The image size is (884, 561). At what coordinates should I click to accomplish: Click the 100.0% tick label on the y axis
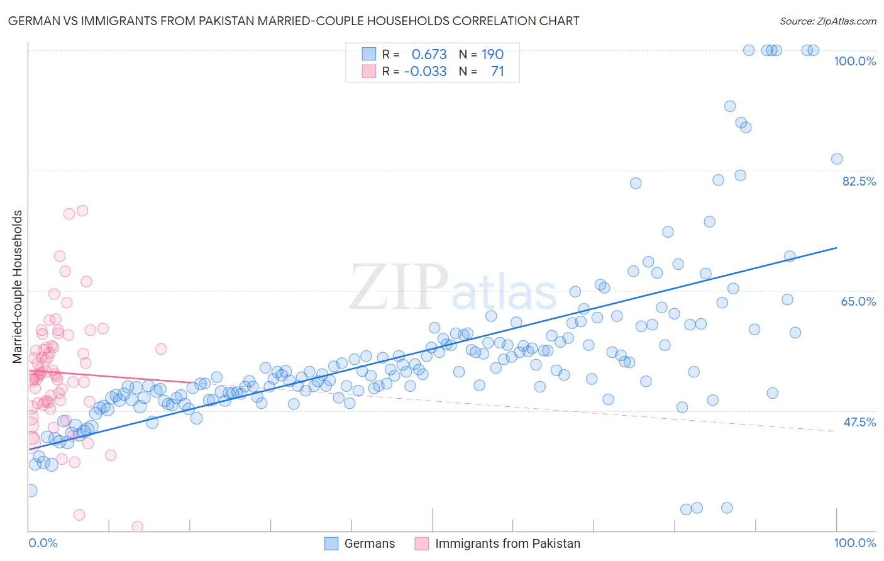coord(854,61)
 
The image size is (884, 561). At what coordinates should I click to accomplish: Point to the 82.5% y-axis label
coord(859,181)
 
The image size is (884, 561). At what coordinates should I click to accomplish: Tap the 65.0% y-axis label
coord(858,301)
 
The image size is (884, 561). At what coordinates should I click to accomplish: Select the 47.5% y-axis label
coord(859,422)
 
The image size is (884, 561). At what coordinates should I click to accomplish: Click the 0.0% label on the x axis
coord(43,543)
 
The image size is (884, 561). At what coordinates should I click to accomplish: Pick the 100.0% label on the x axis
coord(854,543)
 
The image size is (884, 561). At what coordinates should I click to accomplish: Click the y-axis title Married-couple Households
coord(18,287)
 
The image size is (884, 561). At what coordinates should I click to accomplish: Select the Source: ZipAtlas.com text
coord(827,21)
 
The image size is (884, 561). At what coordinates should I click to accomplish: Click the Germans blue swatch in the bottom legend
coord(331,543)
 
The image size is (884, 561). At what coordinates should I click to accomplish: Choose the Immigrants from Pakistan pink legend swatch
coord(422,543)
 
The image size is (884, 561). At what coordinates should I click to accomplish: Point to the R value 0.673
coord(429,54)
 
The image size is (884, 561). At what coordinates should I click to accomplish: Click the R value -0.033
coord(426,71)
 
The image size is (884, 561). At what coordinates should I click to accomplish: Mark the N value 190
coord(492,54)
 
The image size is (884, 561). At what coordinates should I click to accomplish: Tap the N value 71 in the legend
coord(497,71)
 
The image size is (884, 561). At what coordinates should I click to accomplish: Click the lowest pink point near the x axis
coord(137,526)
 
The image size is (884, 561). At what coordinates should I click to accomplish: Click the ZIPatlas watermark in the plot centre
coord(453,288)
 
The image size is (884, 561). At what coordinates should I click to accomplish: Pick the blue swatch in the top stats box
coord(368,54)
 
